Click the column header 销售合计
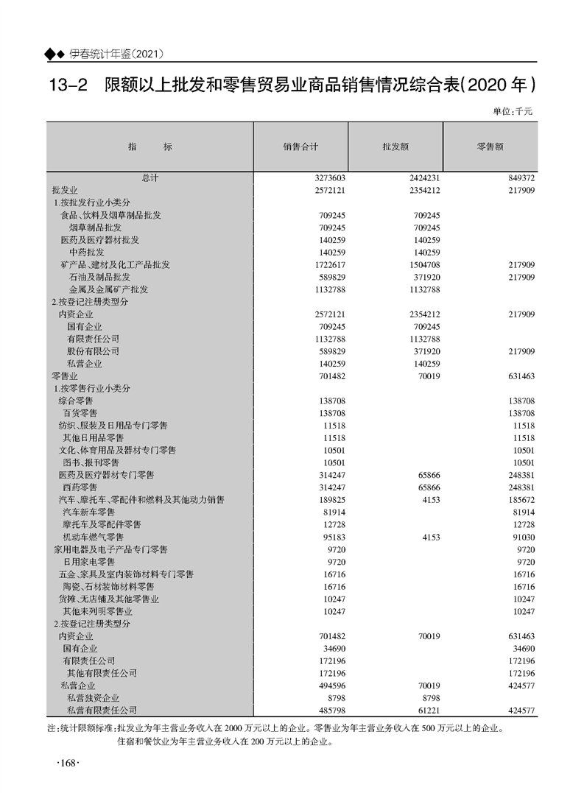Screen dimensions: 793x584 pos(300,147)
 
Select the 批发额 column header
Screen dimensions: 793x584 pos(395,147)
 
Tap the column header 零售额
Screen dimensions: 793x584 pos(490,147)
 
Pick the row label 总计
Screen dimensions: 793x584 pos(150,177)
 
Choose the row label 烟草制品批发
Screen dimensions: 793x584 pos(96,228)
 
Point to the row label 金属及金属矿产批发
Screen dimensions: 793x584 pos(108,289)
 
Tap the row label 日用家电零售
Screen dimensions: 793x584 pos(88,562)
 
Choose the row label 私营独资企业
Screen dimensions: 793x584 pos(93,697)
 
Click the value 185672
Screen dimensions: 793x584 pos(520,500)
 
